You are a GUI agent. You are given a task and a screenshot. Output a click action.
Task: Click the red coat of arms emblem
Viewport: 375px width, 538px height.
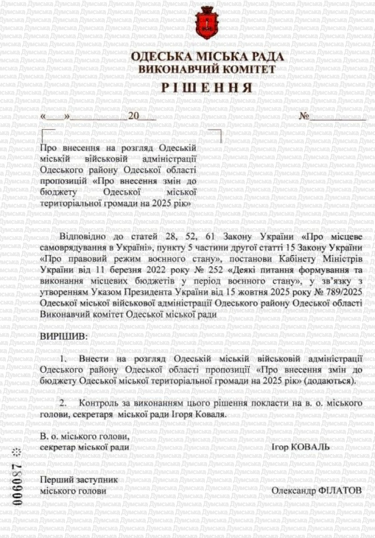207,23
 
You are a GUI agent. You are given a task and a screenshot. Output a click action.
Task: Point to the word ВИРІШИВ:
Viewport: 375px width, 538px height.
63,336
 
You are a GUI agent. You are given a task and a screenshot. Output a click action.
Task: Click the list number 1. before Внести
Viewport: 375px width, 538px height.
65,358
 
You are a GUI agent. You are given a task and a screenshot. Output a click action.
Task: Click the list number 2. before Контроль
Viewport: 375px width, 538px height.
63,403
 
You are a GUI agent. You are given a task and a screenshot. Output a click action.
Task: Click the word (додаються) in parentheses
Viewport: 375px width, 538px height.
331,380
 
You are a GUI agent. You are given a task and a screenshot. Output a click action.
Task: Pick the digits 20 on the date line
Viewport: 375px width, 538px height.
133,117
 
